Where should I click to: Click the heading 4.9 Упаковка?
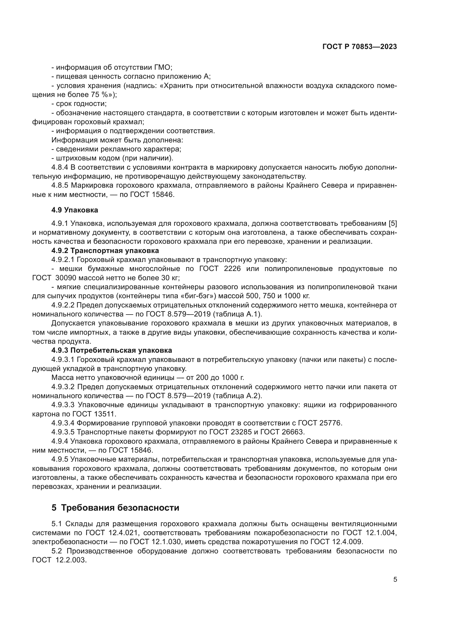coord(74,210)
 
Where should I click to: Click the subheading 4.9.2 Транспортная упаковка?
coord(105,251)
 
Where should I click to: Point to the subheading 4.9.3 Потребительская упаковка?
coord(112,350)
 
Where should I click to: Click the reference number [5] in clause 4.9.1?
coord(393,223)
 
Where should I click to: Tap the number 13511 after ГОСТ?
coord(104,414)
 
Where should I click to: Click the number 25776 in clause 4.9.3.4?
coord(330,423)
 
